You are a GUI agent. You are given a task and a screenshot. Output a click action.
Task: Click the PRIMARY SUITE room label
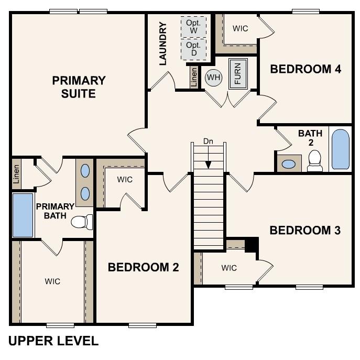(x=79, y=87)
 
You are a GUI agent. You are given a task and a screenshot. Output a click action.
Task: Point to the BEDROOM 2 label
(x=143, y=267)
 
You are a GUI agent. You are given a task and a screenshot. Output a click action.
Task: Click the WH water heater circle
(x=213, y=78)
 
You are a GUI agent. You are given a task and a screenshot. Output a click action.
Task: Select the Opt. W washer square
(x=194, y=27)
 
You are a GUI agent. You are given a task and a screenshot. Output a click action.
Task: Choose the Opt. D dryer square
(x=194, y=49)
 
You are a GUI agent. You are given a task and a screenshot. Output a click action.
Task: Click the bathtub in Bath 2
(x=340, y=149)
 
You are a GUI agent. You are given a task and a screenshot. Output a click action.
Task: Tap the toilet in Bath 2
(x=315, y=161)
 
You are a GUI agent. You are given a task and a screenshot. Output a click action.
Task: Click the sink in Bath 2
(x=288, y=163)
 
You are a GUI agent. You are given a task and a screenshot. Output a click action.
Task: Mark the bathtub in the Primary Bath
(x=23, y=215)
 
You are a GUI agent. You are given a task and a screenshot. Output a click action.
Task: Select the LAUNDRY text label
(x=162, y=43)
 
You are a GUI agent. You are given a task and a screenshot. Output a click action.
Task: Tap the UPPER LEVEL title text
(x=53, y=341)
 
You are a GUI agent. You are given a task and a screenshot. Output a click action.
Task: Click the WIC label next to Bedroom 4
(x=240, y=28)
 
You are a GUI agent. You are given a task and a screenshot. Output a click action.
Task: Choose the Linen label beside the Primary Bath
(x=17, y=173)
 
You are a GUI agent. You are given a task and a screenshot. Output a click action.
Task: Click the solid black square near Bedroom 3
(x=252, y=244)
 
